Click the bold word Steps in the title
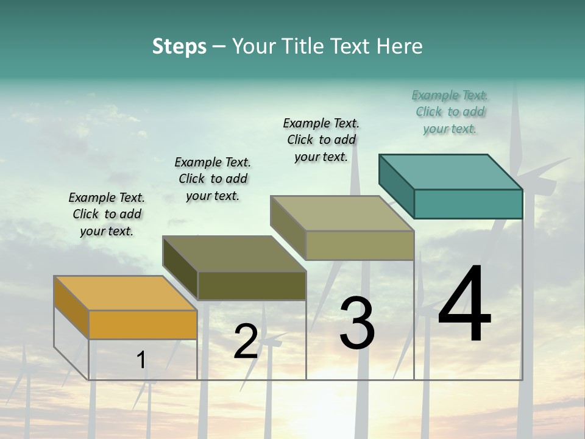click(x=179, y=46)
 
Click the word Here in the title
click(x=400, y=46)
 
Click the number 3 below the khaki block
click(x=357, y=323)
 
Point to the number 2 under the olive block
click(x=246, y=341)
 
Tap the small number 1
click(x=141, y=360)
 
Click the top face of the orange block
click(x=125, y=293)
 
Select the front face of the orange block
click(x=143, y=324)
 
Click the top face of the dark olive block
click(x=234, y=254)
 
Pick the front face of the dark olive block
click(x=252, y=286)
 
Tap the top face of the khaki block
click(x=342, y=213)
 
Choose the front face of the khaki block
click(x=360, y=246)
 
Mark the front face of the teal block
click(x=468, y=204)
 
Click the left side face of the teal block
click(x=397, y=186)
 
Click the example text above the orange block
click(x=107, y=214)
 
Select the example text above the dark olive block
click(x=213, y=179)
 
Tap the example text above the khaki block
click(x=321, y=140)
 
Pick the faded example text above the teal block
click(x=450, y=112)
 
